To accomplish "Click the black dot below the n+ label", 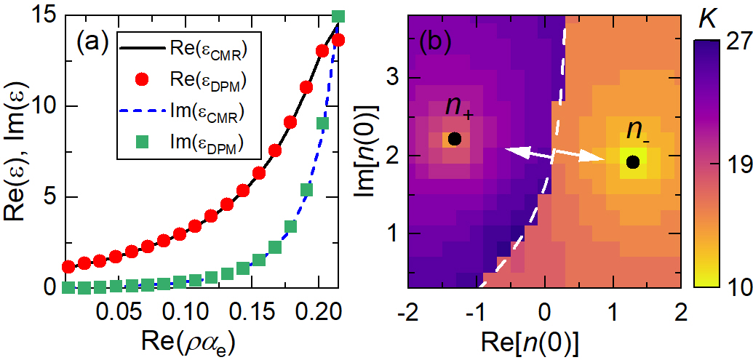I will pos(454,138).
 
